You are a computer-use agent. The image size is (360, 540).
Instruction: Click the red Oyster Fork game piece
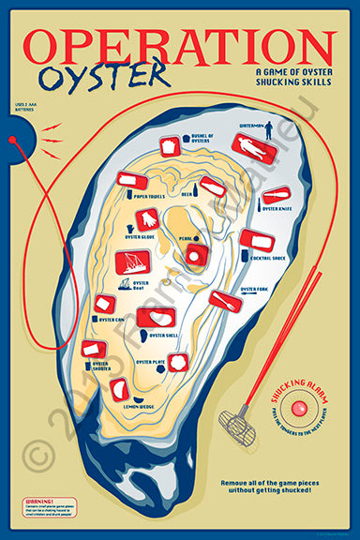pos(223,300)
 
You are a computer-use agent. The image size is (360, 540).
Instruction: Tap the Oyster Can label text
pos(111,319)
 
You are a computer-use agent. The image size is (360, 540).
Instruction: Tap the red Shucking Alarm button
pos(299,409)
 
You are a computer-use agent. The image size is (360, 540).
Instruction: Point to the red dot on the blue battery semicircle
pos(12,140)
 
